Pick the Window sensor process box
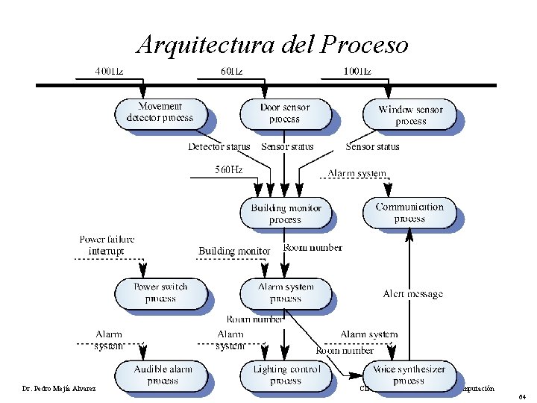[x=410, y=115]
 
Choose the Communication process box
[x=409, y=213]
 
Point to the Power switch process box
[x=160, y=293]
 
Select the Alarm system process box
[x=286, y=293]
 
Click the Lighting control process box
[x=286, y=375]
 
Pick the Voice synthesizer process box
[x=409, y=375]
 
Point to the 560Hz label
[x=228, y=169]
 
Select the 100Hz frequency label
[x=357, y=72]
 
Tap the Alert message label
[x=412, y=294]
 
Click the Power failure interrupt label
[x=107, y=245]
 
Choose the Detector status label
[x=219, y=146]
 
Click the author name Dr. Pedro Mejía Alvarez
[x=54, y=388]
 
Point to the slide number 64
[x=522, y=396]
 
